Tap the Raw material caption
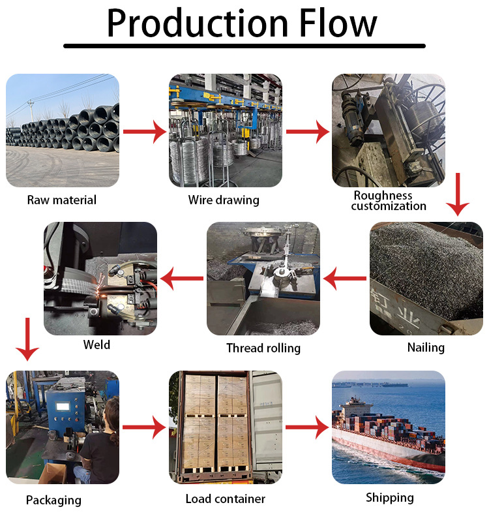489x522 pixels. (x=62, y=200)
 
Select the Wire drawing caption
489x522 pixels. (x=224, y=200)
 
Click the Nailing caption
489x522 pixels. (x=426, y=347)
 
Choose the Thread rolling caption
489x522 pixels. (x=263, y=348)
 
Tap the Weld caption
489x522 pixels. (x=96, y=345)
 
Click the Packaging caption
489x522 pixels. (x=53, y=500)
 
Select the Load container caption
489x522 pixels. (x=225, y=499)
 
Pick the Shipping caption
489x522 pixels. (x=389, y=498)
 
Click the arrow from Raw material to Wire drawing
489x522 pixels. (x=145, y=132)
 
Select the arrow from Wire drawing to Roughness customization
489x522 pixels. (x=308, y=132)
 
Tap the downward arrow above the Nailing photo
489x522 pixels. (x=458, y=194)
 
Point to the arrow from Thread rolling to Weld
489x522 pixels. (x=183, y=279)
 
